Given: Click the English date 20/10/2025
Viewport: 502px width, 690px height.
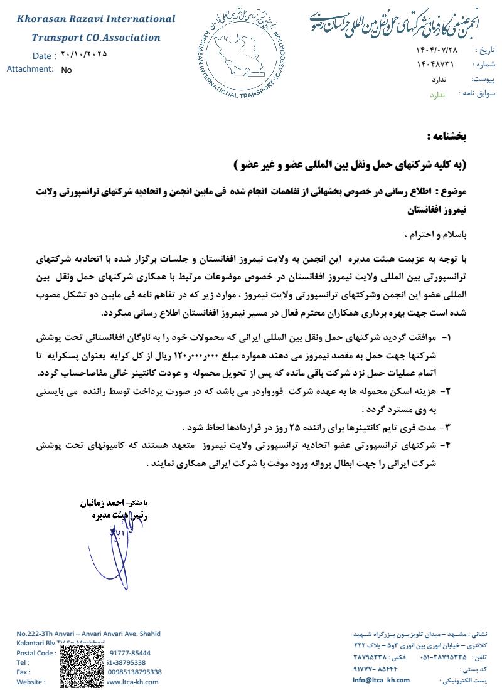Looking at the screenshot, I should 84,55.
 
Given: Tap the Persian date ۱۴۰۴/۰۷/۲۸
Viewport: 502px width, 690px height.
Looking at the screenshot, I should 437,50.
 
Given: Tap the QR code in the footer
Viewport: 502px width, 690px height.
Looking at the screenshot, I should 82,667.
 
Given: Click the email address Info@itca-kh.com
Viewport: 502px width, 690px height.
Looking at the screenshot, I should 381,680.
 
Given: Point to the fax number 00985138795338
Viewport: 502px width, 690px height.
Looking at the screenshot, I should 135,672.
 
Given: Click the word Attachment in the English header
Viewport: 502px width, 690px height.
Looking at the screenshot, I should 29,69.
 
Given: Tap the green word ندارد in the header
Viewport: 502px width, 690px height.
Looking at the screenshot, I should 437,94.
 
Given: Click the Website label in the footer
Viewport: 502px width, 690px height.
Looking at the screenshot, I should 31,682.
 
